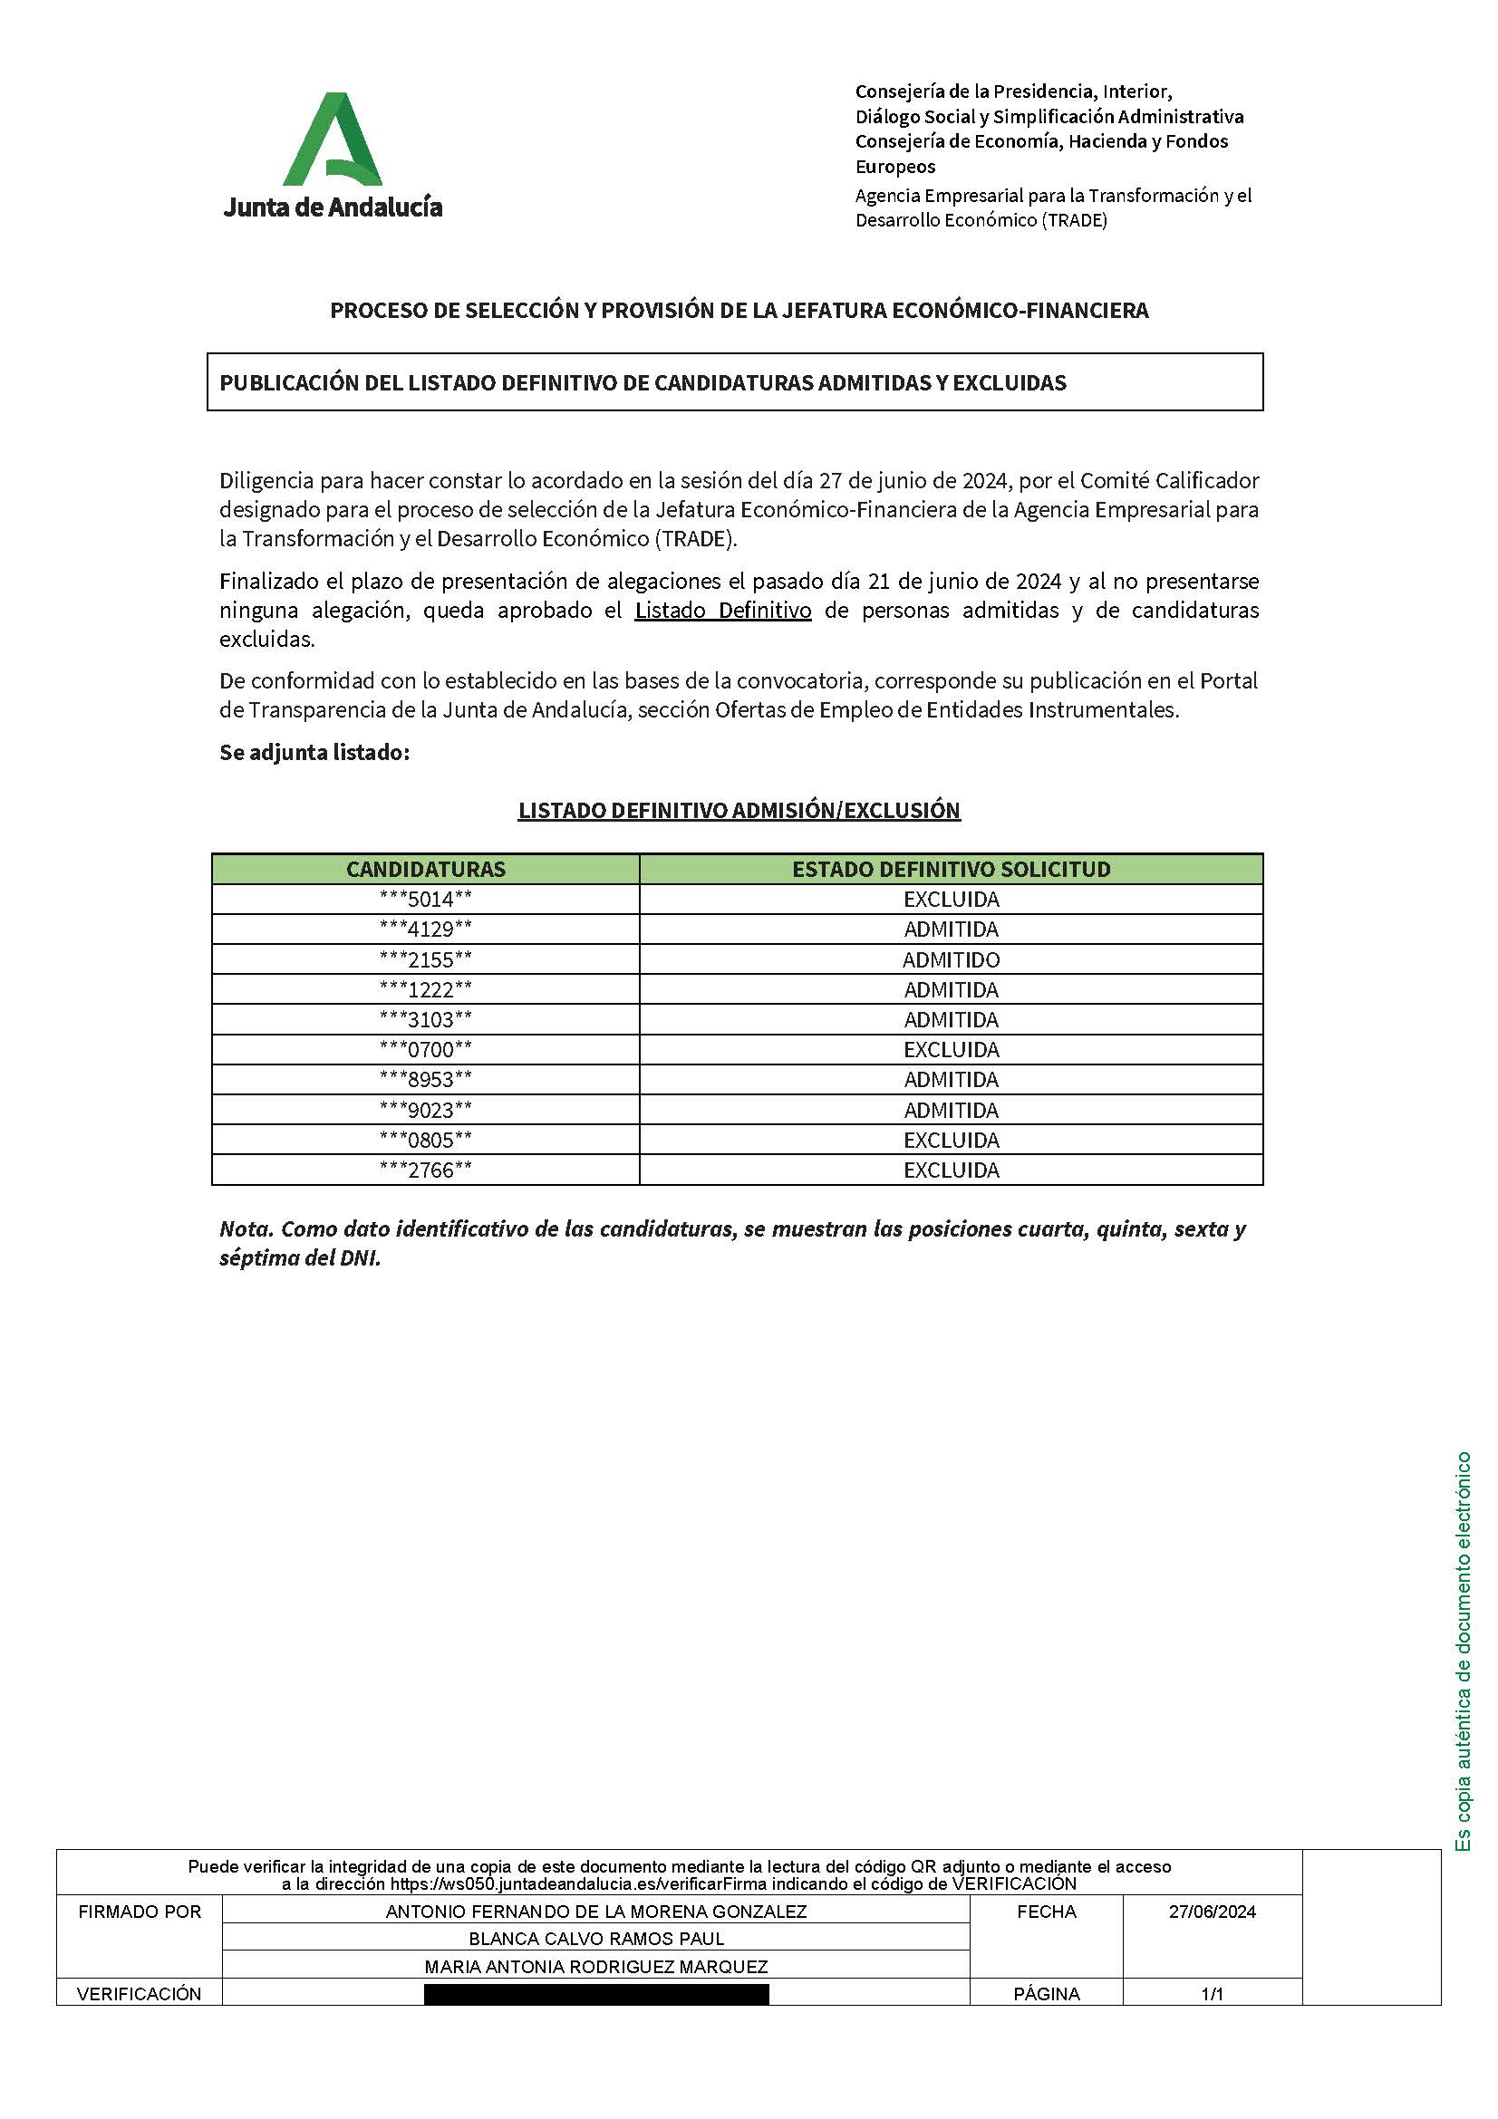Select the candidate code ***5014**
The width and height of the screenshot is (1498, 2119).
tap(426, 899)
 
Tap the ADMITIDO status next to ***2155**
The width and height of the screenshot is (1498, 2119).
tap(951, 959)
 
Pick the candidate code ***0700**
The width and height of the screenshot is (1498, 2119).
tap(426, 1049)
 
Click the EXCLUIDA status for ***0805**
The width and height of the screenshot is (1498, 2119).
tap(951, 1140)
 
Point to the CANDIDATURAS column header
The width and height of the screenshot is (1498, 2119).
tap(426, 870)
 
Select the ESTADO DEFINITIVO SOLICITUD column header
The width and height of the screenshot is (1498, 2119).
tap(951, 870)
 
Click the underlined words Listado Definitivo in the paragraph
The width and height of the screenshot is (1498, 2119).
tap(722, 611)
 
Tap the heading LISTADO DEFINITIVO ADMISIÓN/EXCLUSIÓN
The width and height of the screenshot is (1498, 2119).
tap(739, 810)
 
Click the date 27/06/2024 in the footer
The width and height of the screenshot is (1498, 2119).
tap(1212, 1912)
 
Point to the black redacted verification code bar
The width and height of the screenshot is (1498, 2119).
tap(596, 1994)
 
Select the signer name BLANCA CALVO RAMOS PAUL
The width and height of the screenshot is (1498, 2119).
tap(596, 1939)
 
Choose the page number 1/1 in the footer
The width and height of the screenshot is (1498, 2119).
tap(1212, 1994)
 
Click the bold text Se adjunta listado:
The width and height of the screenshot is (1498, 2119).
tap(314, 752)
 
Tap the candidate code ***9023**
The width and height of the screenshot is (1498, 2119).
tap(426, 1111)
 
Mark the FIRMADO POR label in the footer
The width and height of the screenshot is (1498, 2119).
tap(140, 1912)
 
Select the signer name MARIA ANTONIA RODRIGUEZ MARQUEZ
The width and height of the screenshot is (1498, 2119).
tap(596, 1967)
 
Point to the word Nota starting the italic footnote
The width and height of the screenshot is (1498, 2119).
tap(245, 1229)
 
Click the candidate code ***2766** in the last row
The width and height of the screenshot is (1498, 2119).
tap(426, 1170)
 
